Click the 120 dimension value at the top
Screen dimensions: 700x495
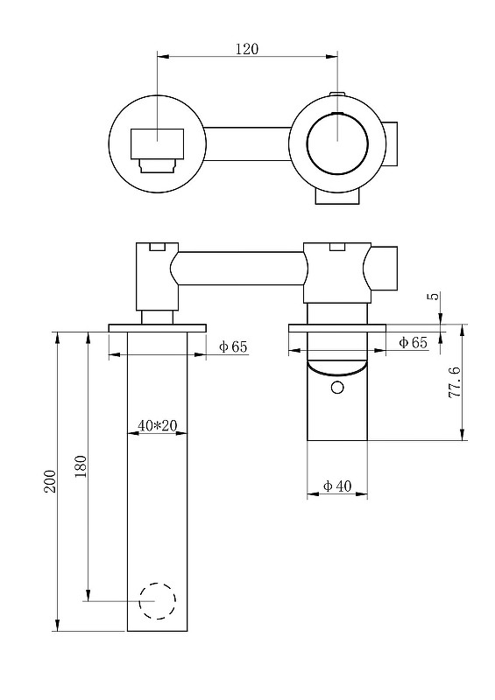click(x=247, y=50)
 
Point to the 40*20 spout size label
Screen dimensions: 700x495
click(x=158, y=426)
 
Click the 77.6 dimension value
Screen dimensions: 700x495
click(x=454, y=383)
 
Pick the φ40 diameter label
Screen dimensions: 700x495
click(x=337, y=486)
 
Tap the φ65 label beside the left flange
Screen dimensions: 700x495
click(x=233, y=346)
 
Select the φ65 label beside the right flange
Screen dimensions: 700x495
click(x=413, y=343)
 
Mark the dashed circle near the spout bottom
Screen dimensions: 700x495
click(x=158, y=600)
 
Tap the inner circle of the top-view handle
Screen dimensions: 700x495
click(x=337, y=141)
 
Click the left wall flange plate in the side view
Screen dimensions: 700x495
click(x=158, y=328)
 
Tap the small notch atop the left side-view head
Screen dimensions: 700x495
click(x=158, y=248)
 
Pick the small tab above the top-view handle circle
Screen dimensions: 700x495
click(x=336, y=94)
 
